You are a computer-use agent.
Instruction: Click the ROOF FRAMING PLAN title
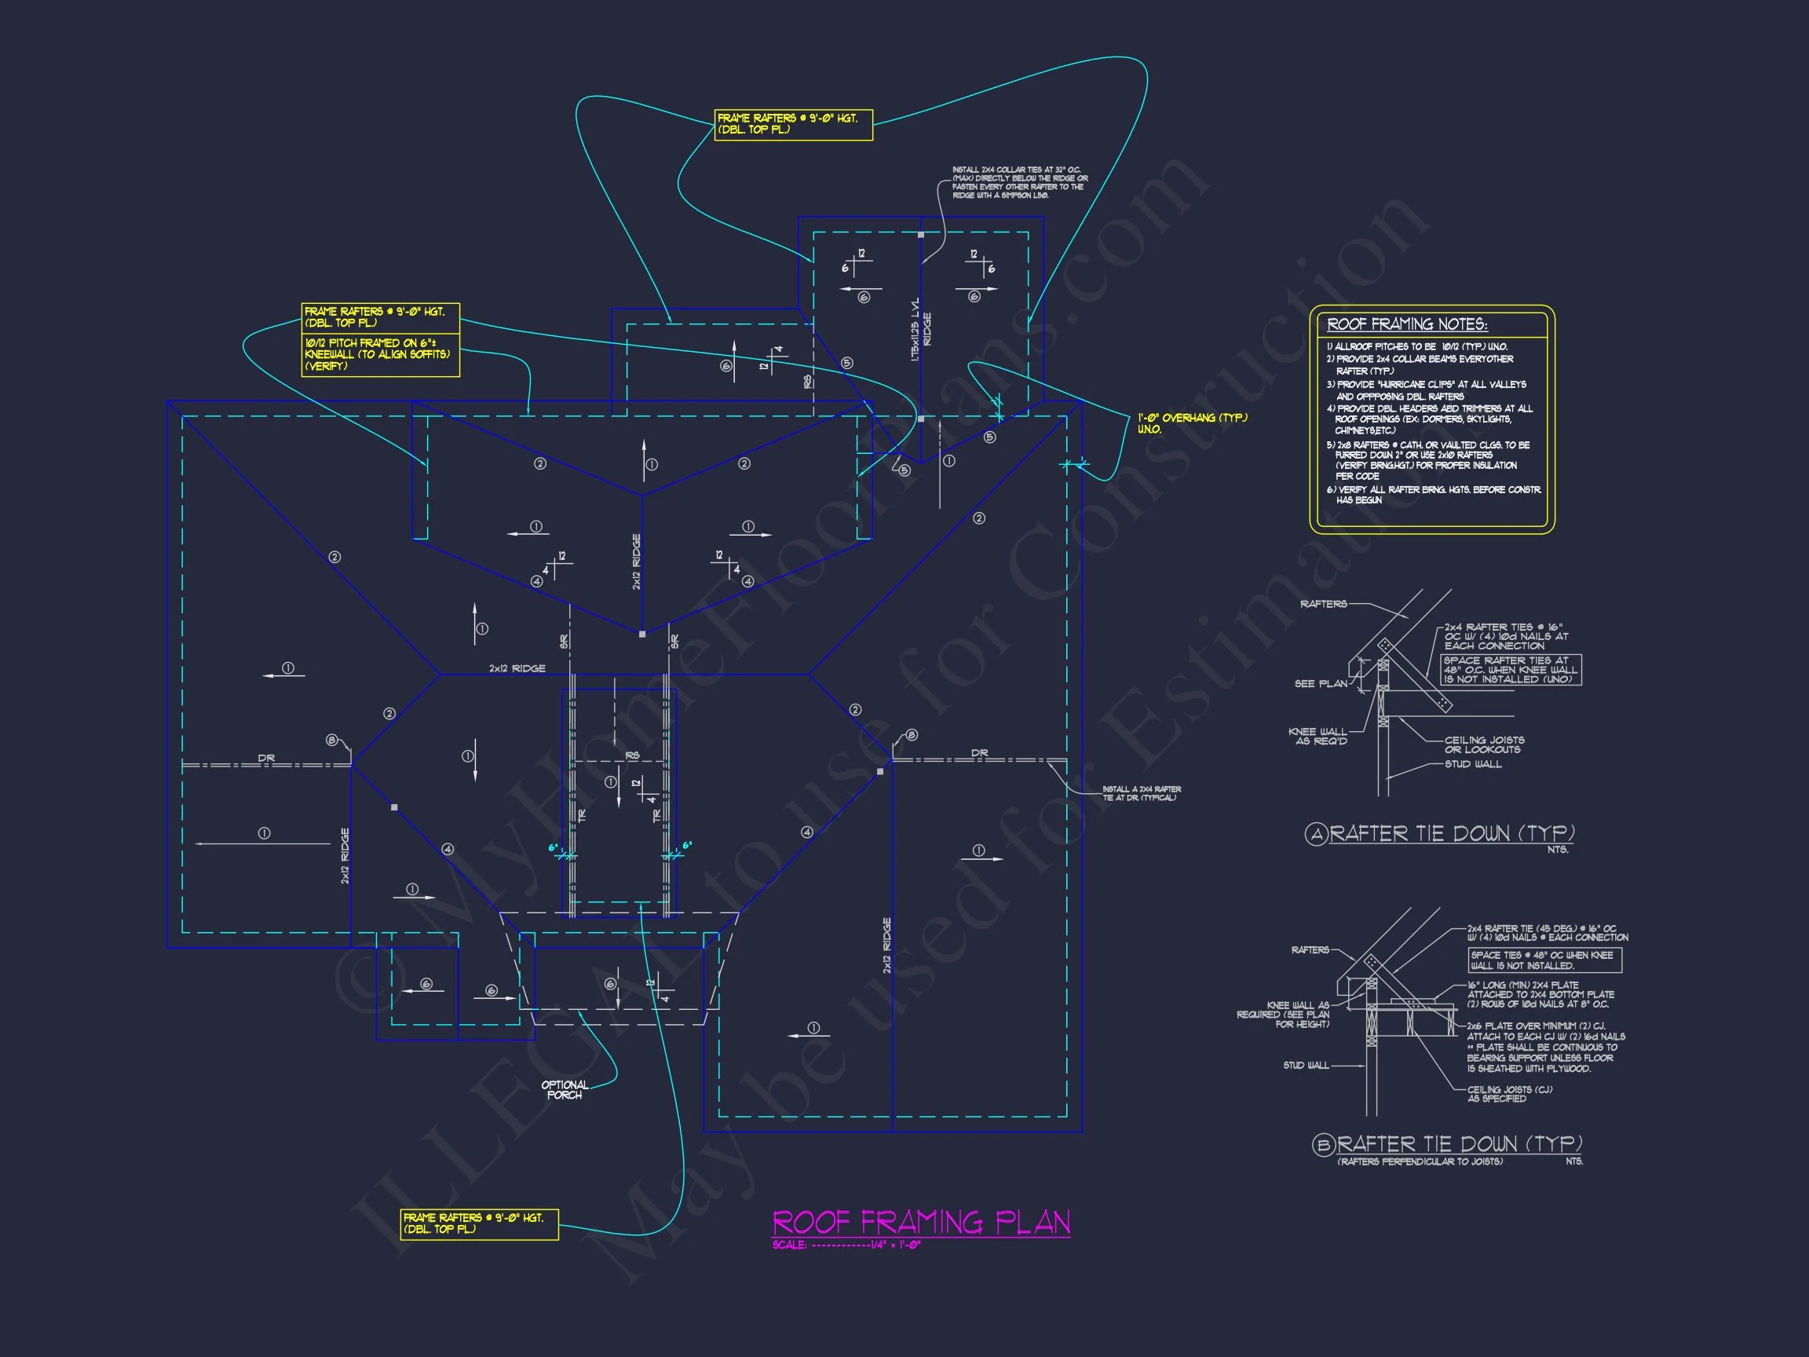[921, 1222]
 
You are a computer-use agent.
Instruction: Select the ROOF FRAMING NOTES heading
[1407, 325]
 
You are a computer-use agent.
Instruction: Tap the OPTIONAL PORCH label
[565, 1089]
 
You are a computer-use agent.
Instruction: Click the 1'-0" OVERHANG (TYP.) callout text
[1193, 423]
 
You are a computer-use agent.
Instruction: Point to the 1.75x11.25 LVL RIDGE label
[921, 331]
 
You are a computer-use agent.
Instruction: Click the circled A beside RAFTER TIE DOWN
[1316, 834]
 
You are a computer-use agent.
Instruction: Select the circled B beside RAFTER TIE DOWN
[1324, 1145]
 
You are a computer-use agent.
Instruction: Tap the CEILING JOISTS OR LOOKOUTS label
[1483, 744]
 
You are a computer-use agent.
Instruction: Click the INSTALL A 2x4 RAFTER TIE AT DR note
[1141, 793]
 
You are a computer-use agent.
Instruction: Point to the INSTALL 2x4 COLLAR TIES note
[1019, 182]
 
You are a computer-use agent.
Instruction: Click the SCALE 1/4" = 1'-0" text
[846, 1245]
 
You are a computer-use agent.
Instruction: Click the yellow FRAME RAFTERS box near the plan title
[479, 1223]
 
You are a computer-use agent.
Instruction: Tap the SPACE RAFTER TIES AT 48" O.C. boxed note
[1511, 670]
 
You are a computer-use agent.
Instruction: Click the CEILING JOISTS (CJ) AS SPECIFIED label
[1509, 1094]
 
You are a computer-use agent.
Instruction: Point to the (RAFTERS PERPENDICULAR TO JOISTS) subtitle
[1420, 1161]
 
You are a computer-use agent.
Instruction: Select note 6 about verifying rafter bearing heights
[1433, 495]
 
